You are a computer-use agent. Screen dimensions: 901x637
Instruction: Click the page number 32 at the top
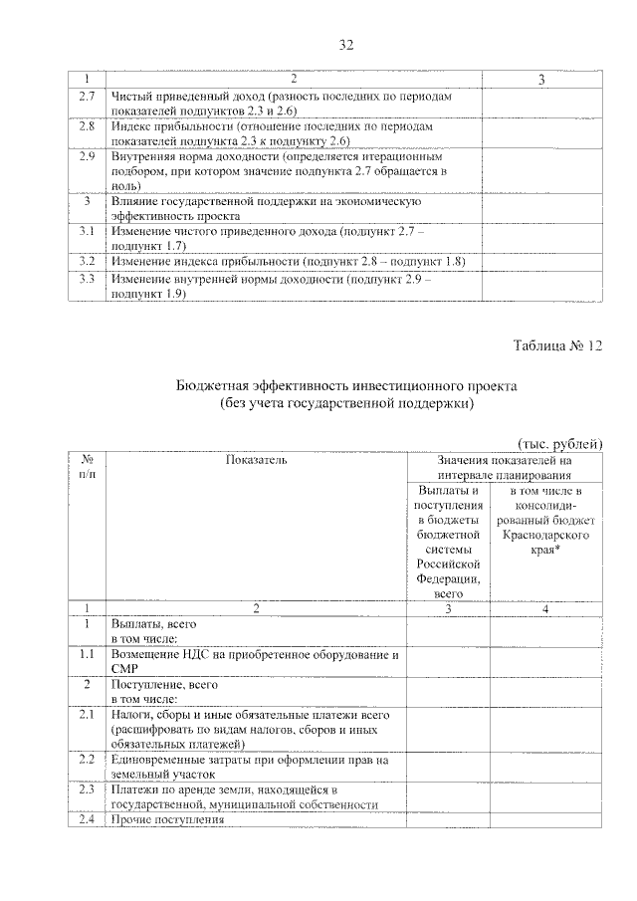click(318, 45)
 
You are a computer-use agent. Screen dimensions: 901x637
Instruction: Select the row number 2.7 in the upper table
click(87, 97)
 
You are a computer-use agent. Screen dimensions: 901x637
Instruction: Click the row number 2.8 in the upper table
click(87, 127)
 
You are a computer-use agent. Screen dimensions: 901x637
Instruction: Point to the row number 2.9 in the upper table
click(87, 157)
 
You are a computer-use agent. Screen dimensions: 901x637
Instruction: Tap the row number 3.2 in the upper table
click(87, 261)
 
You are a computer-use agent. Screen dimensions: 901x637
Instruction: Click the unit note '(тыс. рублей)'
click(560, 444)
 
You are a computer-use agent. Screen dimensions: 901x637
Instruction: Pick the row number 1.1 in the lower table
click(87, 655)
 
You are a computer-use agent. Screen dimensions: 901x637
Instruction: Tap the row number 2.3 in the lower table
click(87, 790)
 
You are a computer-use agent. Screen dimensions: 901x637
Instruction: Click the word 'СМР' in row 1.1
click(124, 669)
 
